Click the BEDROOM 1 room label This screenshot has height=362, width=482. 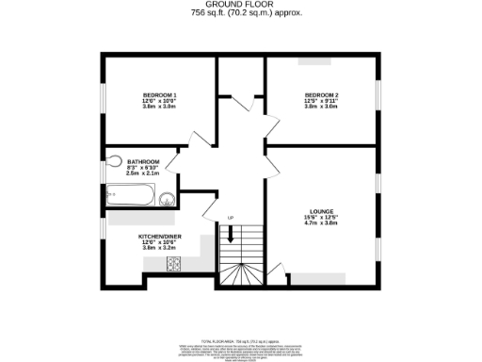point(159,95)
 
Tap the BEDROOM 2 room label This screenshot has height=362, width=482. point(321,95)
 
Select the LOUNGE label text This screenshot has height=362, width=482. point(321,211)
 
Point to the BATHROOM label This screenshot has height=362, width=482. point(144,161)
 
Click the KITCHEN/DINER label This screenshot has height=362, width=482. point(159,236)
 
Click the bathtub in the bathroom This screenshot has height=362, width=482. point(128,196)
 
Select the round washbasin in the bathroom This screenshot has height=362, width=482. point(167,199)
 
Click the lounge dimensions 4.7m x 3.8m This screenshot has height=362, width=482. point(321,223)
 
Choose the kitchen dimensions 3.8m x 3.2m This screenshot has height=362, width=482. point(159,249)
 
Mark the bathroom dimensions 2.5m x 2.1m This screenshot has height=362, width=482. point(144,173)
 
